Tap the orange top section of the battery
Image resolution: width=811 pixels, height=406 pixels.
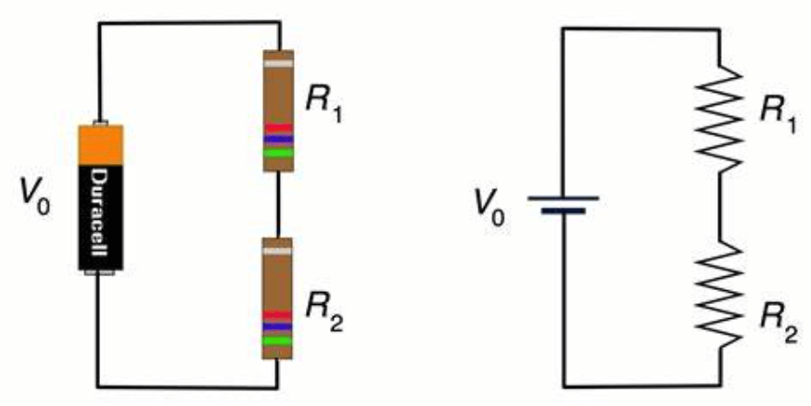pos(101,146)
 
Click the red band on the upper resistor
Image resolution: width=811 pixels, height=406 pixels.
pos(278,128)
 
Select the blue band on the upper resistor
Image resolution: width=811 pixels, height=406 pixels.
pos(278,139)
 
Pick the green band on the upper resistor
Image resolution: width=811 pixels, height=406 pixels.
pos(278,150)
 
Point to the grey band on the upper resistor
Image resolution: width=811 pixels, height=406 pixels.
pos(278,63)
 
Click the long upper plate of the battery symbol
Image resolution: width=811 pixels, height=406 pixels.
pos(562,197)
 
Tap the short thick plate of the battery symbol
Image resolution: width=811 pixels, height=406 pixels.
pos(562,210)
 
